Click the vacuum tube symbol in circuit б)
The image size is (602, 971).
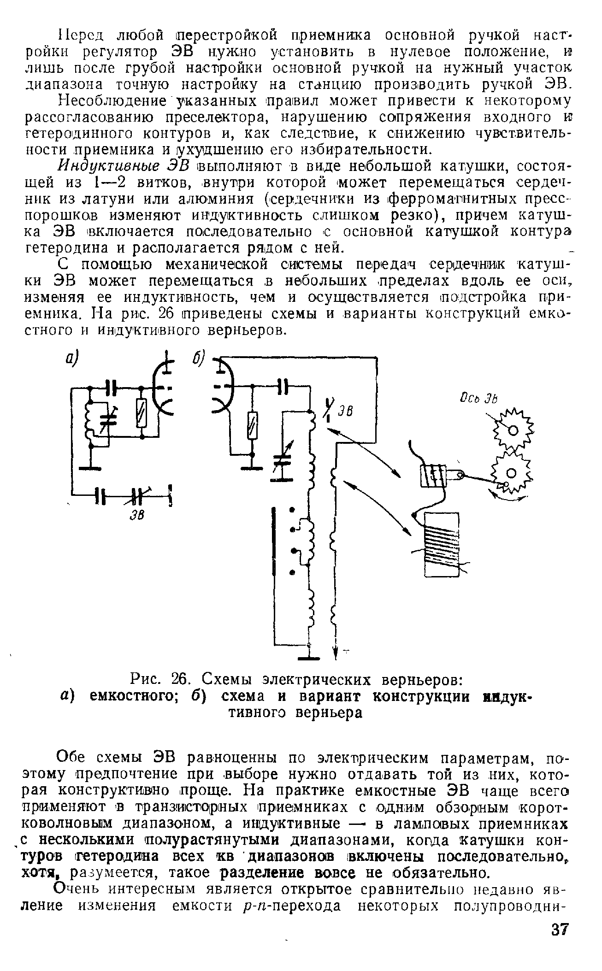(223, 385)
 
